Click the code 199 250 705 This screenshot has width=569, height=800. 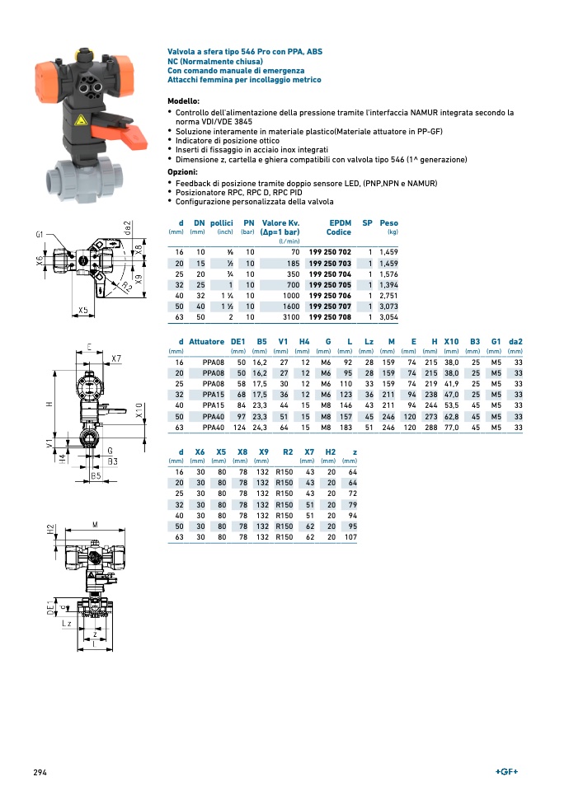coord(330,284)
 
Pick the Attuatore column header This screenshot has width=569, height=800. coord(206,341)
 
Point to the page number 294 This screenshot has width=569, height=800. coord(40,772)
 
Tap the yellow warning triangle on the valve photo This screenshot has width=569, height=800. coord(82,121)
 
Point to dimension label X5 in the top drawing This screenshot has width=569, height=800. coord(83,311)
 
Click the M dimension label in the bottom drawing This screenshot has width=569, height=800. coord(95,524)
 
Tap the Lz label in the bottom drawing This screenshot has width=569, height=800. coord(66,625)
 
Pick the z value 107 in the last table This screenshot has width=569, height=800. coord(351,537)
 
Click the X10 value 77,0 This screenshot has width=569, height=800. coord(451,428)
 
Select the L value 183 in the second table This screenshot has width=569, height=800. coord(346,428)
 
